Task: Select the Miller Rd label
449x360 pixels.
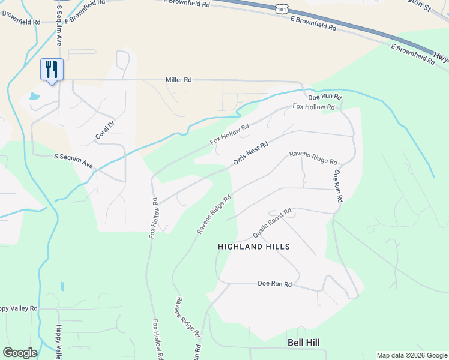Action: pos(179,80)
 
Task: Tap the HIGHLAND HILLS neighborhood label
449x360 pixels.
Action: pos(254,247)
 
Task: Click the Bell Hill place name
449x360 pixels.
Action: pos(303,343)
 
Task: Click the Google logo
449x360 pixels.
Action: pos(20,353)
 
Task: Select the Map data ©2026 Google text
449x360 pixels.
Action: pos(412,355)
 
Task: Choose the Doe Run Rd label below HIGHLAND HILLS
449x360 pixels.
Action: pos(274,284)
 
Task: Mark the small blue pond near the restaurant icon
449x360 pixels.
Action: pos(34,96)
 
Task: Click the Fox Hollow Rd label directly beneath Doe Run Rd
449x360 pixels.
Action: pos(313,107)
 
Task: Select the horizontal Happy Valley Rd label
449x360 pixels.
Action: pos(19,308)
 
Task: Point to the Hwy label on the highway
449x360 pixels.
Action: pos(441,59)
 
